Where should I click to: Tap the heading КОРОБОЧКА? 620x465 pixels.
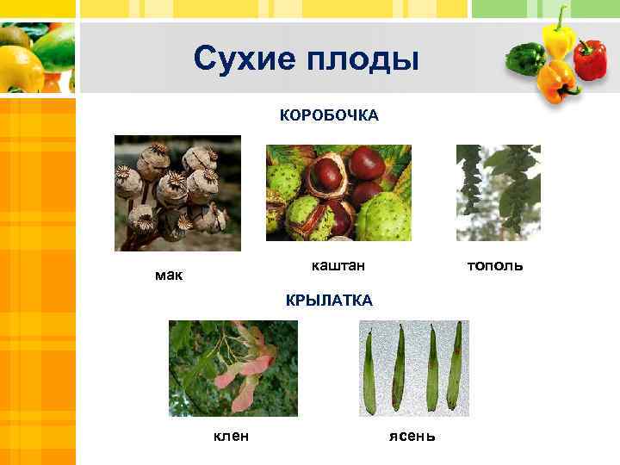329,115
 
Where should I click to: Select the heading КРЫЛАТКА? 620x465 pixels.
329,300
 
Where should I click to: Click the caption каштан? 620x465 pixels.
338,266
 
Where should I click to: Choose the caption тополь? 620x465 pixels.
494,265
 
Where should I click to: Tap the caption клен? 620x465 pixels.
231,436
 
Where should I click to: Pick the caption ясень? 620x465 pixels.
412,436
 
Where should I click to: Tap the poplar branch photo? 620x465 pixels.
498,190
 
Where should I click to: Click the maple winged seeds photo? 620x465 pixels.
232,367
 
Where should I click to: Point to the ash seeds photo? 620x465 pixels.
413,367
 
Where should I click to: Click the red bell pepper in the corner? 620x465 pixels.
590,59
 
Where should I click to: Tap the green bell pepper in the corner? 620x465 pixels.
524,58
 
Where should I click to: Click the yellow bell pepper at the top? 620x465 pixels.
558,34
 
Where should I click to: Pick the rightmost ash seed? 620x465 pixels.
456,366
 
